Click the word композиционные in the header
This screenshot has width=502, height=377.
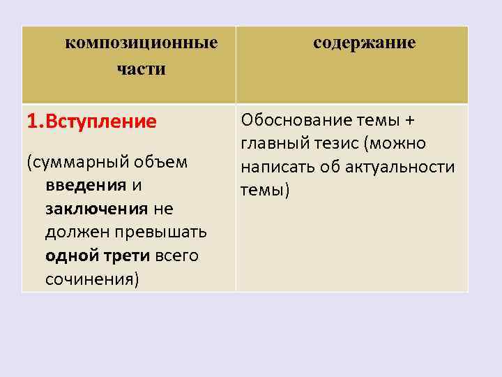(x=142, y=43)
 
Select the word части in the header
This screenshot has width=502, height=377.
(x=142, y=69)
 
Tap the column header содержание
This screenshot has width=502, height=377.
(x=364, y=43)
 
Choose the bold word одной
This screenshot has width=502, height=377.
(x=70, y=256)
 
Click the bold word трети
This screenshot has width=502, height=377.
(x=124, y=256)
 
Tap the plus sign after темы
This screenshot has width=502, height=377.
(x=409, y=121)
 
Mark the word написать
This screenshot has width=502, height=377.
(x=275, y=168)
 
